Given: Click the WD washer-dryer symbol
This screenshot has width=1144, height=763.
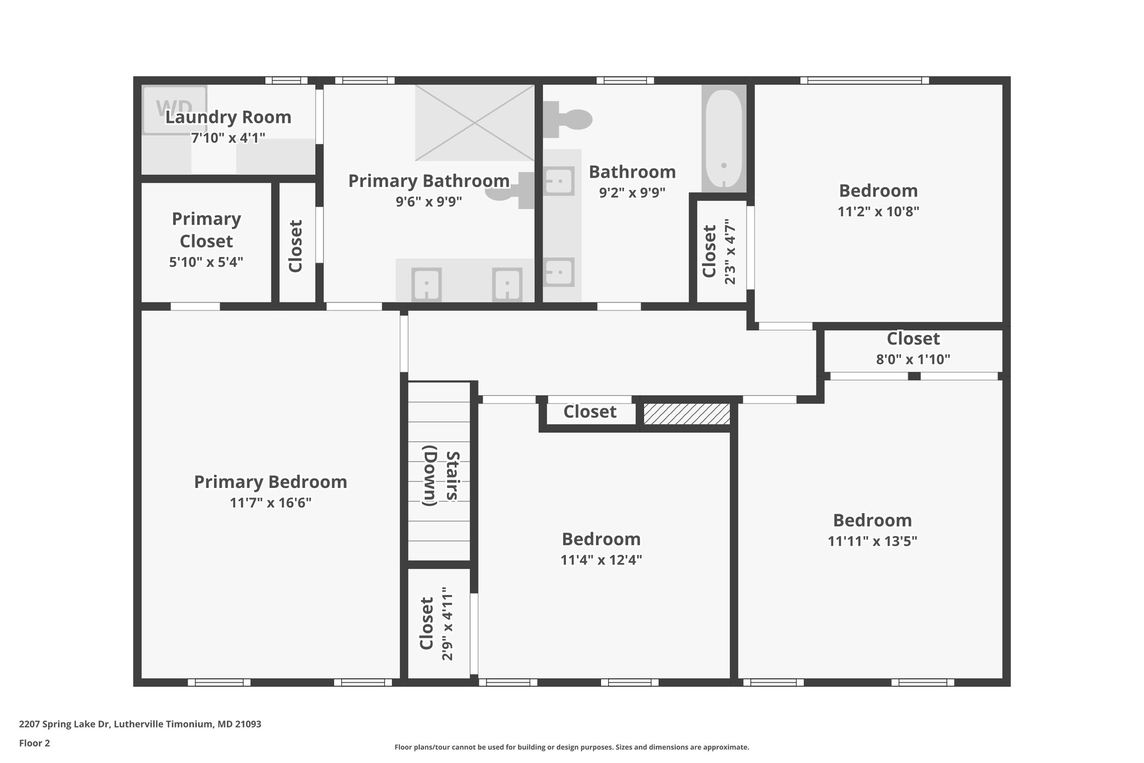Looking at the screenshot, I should point(174,110).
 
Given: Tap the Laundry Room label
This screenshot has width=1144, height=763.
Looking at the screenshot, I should point(228,117).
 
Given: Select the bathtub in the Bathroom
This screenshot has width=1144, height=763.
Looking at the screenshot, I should point(723,138).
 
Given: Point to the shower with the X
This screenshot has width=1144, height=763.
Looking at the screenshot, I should point(474,122).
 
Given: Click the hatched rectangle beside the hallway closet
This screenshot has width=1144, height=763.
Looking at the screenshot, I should point(687,414).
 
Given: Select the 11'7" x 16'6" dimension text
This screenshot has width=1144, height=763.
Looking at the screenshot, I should point(270,503).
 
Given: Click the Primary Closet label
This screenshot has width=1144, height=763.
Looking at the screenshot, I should point(206,230).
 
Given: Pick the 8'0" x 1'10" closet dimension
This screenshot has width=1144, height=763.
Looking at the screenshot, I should point(913,359).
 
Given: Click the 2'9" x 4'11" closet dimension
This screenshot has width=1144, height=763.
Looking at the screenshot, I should point(447,623).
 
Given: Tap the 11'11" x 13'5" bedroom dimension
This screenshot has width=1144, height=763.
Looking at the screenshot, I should point(872,541).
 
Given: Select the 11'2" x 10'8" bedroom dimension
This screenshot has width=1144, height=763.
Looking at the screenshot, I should point(878,211).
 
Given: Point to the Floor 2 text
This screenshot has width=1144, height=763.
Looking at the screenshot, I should point(34,743).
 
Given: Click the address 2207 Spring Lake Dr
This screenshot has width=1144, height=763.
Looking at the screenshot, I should point(140,724).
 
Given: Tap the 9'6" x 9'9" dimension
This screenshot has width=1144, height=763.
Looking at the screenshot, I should point(428,201).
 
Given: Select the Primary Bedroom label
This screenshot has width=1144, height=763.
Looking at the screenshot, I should point(270,482).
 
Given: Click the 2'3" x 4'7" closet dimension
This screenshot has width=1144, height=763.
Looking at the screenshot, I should point(730,252).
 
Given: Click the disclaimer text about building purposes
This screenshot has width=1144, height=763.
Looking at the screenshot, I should point(571,747).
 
